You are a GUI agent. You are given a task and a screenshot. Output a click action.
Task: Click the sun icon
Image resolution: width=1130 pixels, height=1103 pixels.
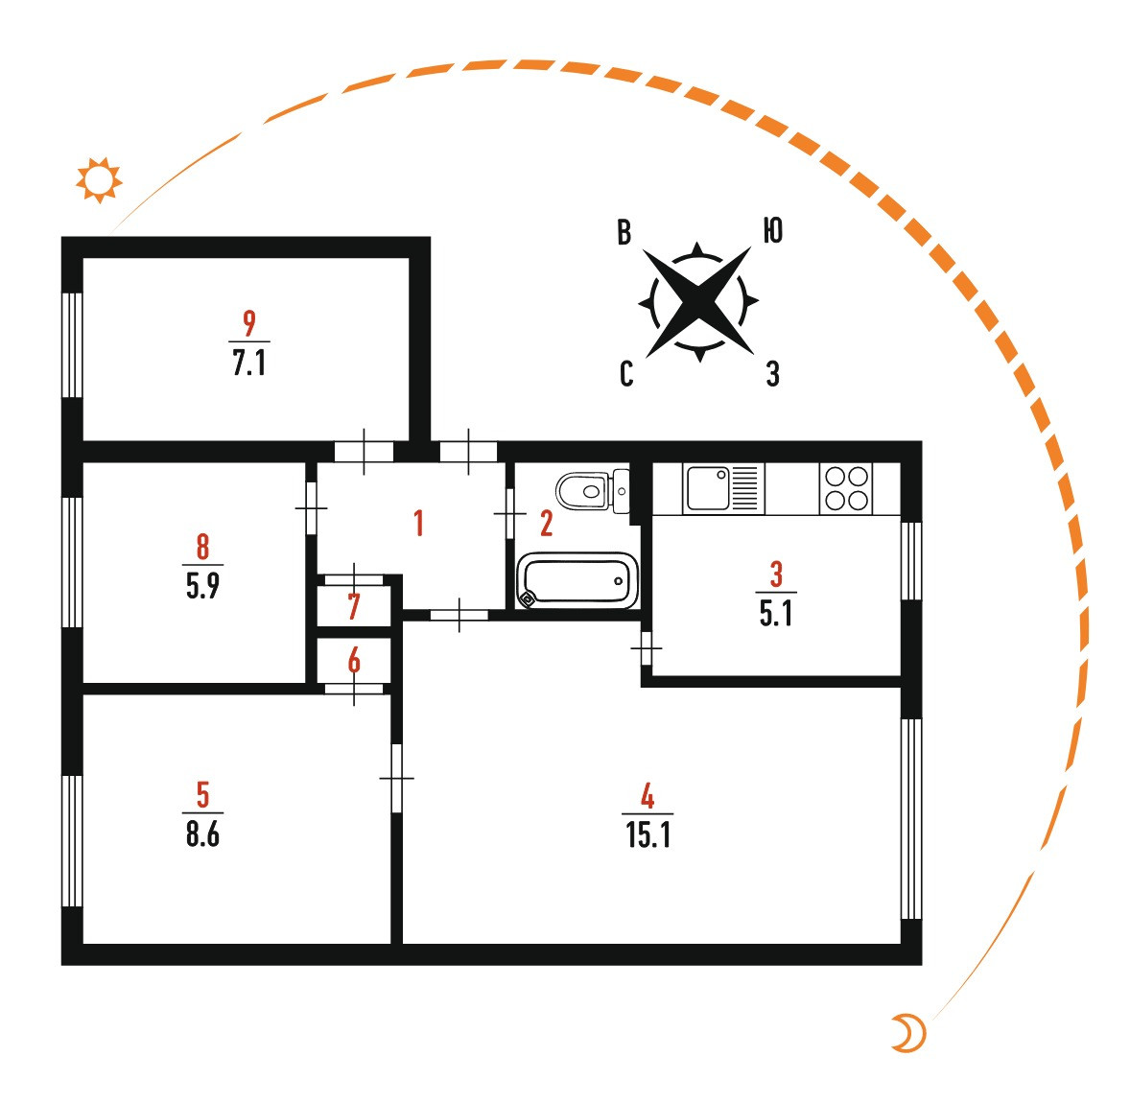coord(99,179)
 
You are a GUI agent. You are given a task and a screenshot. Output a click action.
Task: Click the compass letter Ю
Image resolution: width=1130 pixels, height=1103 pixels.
coord(772,230)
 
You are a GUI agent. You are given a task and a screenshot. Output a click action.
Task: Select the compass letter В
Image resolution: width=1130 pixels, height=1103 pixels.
coord(624,233)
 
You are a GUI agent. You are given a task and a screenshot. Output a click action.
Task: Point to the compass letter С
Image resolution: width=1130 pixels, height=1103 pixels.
coord(626,373)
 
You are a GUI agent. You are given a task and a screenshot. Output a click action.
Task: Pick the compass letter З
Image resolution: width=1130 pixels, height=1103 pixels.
coord(773,374)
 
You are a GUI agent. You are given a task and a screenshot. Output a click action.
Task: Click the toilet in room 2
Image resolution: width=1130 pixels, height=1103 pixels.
coord(590,490)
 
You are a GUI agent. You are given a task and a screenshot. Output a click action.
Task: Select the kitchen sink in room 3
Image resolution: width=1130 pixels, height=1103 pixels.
coord(707,488)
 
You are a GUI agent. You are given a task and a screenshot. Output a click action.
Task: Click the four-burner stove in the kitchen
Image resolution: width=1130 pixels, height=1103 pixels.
coord(847,488)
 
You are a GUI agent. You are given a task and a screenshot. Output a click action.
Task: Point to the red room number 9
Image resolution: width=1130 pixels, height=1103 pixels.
coord(249,323)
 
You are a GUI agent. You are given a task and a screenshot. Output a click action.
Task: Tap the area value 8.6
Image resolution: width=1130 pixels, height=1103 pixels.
coord(202,834)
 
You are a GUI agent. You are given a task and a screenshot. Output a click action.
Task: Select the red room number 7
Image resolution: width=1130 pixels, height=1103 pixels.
coord(354,606)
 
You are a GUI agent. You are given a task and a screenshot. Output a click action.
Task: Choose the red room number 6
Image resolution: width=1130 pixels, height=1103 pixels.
coord(354,661)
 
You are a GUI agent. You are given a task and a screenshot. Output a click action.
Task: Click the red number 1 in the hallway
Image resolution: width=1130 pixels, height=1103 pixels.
coord(418,524)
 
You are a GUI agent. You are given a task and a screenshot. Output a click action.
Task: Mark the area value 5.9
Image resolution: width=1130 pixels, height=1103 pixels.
coord(202,586)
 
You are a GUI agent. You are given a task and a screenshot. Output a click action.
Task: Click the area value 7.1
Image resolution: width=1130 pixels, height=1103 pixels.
coord(249,364)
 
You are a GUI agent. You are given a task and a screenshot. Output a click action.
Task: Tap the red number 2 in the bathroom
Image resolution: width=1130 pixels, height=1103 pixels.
coord(547,524)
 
